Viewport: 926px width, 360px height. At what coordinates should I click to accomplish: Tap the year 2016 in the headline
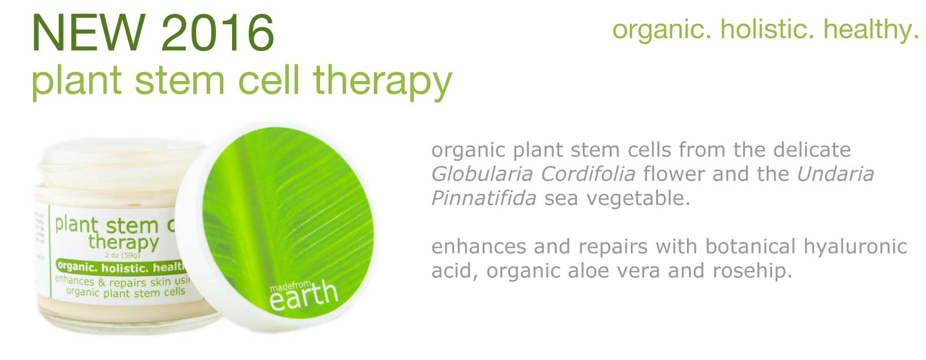(x=218, y=32)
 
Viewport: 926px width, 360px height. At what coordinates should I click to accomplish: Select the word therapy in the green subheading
(x=383, y=82)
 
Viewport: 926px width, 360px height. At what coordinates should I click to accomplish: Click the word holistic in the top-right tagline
(x=767, y=30)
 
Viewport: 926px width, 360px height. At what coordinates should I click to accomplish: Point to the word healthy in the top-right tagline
(x=871, y=30)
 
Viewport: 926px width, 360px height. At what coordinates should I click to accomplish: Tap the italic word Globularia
(x=482, y=174)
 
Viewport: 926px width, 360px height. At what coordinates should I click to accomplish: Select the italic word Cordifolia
(x=588, y=174)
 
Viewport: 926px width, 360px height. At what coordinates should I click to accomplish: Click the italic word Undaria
(x=835, y=174)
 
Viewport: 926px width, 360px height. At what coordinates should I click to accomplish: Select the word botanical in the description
(x=750, y=247)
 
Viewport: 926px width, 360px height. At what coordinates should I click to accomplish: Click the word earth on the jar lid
(x=304, y=296)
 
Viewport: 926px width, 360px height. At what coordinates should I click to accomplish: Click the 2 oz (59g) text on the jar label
(x=123, y=255)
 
